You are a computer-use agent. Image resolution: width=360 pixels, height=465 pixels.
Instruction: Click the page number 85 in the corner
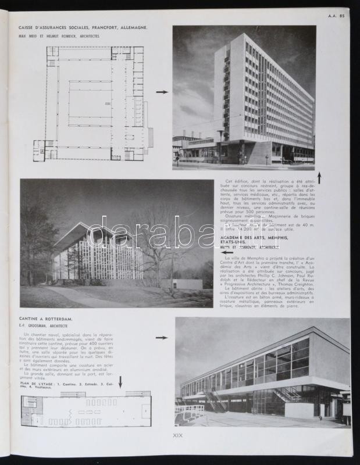(342, 16)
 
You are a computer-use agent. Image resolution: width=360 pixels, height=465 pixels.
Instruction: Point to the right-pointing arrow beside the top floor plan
(162, 92)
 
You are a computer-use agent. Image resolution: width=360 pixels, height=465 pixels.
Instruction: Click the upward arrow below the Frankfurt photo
(319, 177)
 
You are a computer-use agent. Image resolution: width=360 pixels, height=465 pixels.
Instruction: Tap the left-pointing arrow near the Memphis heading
(227, 252)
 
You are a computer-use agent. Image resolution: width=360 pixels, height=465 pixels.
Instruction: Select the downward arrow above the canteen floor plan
(120, 381)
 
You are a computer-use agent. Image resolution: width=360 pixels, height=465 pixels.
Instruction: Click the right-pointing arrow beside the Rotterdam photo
(161, 337)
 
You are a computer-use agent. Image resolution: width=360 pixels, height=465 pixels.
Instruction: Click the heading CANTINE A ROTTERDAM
(46, 319)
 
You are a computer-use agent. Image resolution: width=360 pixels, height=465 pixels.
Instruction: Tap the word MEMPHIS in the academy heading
(273, 237)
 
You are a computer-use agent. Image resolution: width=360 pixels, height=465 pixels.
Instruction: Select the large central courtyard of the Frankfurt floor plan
(90, 102)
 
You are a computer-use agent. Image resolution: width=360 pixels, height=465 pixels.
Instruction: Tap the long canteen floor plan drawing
(86, 410)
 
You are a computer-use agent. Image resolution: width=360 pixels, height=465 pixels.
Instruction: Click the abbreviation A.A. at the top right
(332, 16)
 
